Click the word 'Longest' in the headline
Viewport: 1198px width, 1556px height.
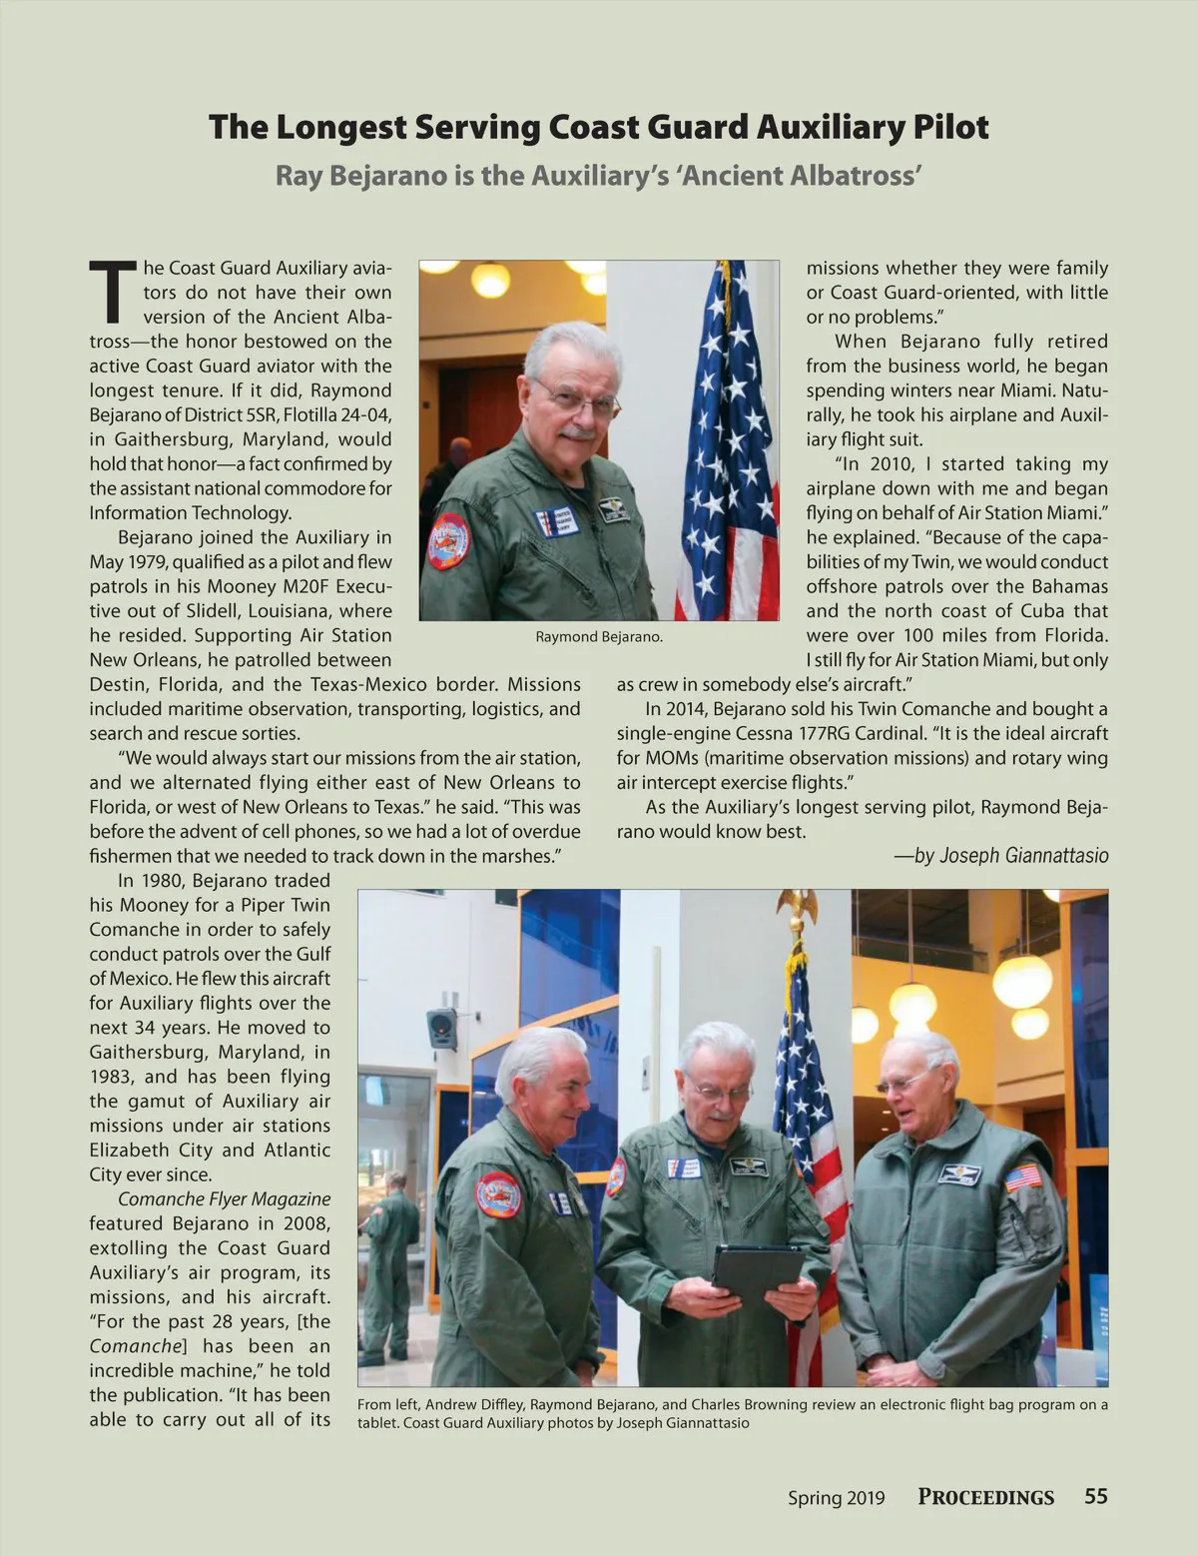point(341,129)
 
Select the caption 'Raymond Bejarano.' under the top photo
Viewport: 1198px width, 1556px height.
point(599,636)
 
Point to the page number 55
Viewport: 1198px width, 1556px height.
point(1096,1496)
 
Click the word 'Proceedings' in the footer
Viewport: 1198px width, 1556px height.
point(985,1497)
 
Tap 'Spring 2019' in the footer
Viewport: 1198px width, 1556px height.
point(836,1497)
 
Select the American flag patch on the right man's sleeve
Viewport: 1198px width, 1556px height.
point(1022,1178)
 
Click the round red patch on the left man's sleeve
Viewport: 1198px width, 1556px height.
point(497,1194)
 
